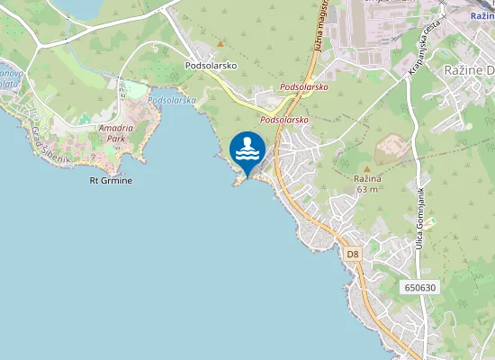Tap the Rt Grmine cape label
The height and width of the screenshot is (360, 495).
pyautogui.click(x=111, y=181)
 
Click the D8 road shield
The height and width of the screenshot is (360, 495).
pyautogui.click(x=353, y=255)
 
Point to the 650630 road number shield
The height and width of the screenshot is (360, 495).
pyautogui.click(x=420, y=288)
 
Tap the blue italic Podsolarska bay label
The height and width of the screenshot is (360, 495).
pyautogui.click(x=172, y=101)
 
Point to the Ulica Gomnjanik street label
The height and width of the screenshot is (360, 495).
pyautogui.click(x=420, y=219)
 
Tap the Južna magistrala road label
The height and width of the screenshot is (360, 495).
pyautogui.click(x=318, y=27)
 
